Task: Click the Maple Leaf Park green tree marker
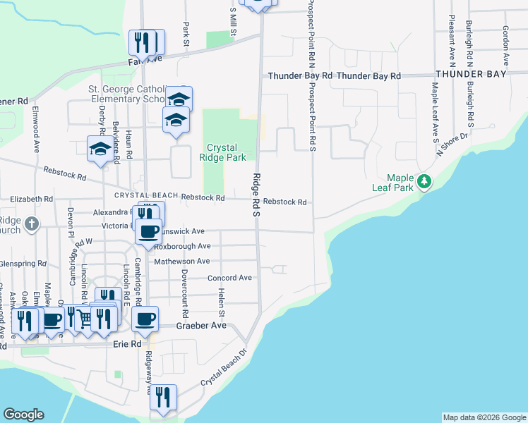(x=424, y=181)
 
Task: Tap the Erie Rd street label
(x=127, y=344)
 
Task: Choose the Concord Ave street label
(x=229, y=278)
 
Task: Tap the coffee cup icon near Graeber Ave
(x=145, y=319)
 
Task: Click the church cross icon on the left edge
(x=31, y=224)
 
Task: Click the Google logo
(x=23, y=415)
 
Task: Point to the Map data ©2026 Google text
(x=484, y=417)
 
